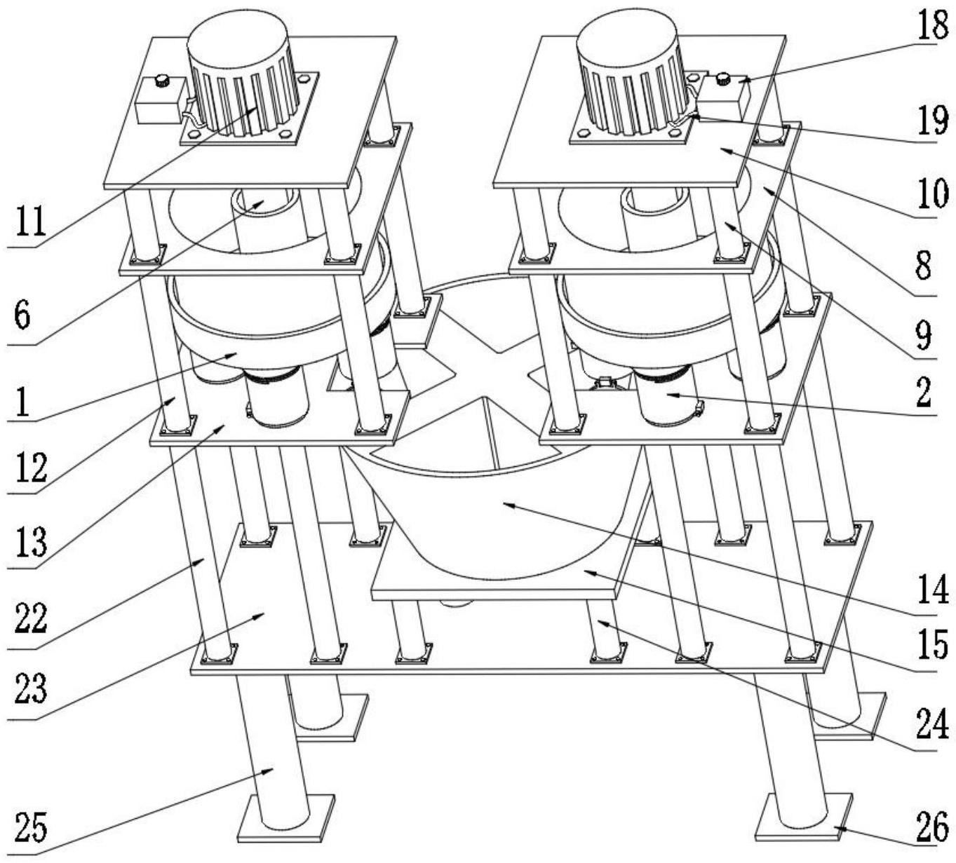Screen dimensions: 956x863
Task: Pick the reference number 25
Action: click(x=30, y=829)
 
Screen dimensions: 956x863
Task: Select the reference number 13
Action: click(x=30, y=542)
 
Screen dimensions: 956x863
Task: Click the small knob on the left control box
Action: click(x=163, y=80)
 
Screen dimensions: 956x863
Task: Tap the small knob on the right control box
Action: click(x=725, y=76)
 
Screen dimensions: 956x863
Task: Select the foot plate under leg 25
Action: click(x=286, y=818)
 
